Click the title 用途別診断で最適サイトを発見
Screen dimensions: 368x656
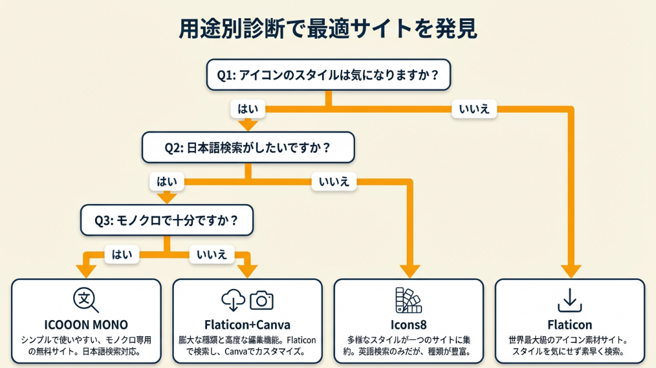[328, 29]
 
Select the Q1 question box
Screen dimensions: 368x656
[328, 75]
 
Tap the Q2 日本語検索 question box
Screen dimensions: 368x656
[248, 148]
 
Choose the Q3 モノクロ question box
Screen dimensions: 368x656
[166, 220]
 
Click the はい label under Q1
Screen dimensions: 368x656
[248, 109]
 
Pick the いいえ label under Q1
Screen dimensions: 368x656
[474, 109]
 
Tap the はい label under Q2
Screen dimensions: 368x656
[166, 181]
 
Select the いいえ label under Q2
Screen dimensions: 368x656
[334, 181]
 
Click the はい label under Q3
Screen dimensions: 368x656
[122, 255]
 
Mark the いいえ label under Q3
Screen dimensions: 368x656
[212, 255]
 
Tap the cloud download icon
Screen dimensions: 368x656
[233, 300]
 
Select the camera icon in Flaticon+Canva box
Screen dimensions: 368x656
[262, 300]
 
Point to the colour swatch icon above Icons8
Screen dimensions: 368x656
[408, 300]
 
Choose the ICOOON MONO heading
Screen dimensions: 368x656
[86, 325]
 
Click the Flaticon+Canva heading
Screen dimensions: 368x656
[247, 325]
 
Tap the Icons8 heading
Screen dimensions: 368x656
[408, 325]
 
